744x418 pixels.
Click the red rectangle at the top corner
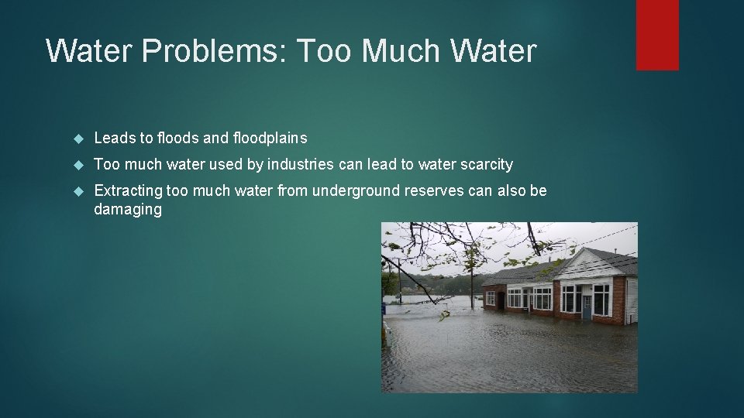657,35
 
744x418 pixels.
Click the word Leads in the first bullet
114,139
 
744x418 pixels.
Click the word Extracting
129,190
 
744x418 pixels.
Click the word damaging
128,210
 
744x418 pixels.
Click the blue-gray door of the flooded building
587,307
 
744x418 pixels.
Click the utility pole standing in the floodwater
471,286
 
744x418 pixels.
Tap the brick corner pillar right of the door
618,302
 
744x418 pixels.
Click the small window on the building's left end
491,298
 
